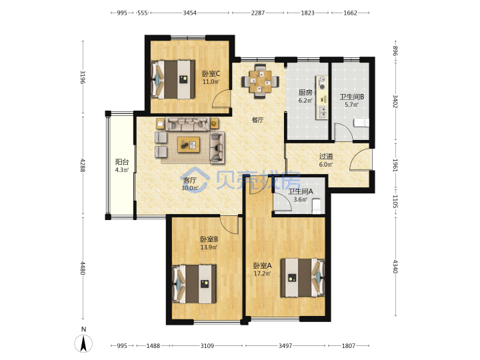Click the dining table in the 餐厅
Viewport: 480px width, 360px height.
tap(260, 81)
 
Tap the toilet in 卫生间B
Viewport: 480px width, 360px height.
tap(361, 123)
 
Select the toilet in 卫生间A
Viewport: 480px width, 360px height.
tap(316, 205)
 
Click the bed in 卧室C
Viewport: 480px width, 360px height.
tap(173, 79)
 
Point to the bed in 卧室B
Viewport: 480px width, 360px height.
tap(195, 284)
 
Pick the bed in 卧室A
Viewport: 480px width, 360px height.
tap(303, 277)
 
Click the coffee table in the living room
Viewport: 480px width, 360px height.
tap(189, 145)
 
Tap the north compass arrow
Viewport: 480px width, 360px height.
tap(83, 343)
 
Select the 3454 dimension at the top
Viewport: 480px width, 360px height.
tap(190, 13)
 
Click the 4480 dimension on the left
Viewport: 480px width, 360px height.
tap(83, 268)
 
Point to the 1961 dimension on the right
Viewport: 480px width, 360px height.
tap(395, 165)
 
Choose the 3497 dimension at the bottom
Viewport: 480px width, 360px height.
tap(285, 345)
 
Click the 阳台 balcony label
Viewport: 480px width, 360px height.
tap(122, 161)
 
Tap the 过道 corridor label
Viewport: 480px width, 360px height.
tap(326, 157)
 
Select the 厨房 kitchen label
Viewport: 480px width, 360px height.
tap(305, 93)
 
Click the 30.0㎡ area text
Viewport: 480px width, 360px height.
tap(190, 188)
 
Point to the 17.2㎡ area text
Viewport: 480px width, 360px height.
tap(263, 273)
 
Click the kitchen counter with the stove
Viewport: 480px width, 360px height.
tap(321, 97)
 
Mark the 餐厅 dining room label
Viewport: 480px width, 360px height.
tap(257, 120)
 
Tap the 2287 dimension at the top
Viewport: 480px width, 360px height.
tap(258, 13)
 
